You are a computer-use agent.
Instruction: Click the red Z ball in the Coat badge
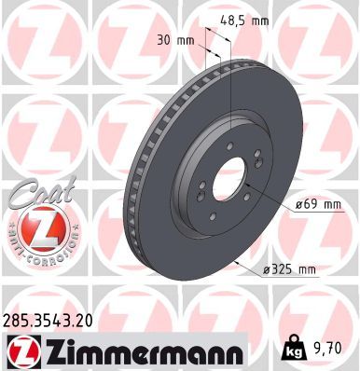click(36, 227)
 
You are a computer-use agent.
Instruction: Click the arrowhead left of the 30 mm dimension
click(200, 42)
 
